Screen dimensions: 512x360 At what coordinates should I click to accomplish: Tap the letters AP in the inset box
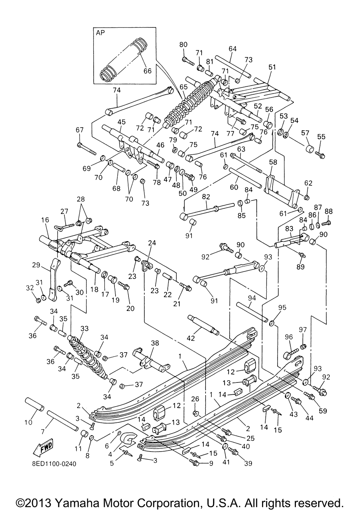click(x=100, y=32)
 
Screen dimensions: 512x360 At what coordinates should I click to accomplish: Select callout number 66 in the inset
click(x=148, y=71)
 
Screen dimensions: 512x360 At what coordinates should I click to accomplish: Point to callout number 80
click(x=184, y=45)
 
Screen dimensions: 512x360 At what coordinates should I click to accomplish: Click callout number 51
click(x=282, y=67)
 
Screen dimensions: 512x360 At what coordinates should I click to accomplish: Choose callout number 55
click(x=321, y=137)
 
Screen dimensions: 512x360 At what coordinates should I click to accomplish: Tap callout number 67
click(x=79, y=130)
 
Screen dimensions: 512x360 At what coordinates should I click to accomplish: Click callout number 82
click(x=206, y=196)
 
